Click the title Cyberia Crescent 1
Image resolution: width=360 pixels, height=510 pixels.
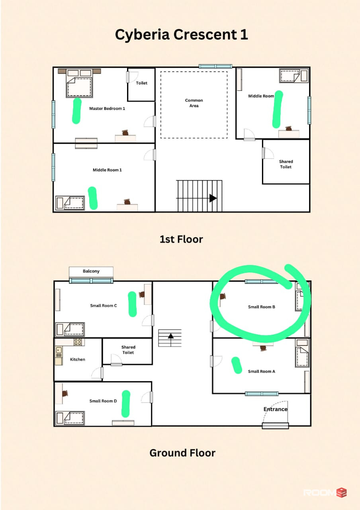point(181,35)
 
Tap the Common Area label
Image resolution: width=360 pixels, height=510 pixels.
point(194,103)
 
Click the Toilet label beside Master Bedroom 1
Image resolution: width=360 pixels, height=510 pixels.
point(141,83)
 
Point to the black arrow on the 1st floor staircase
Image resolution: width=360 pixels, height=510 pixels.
point(213,198)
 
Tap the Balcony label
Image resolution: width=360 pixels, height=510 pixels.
point(91,271)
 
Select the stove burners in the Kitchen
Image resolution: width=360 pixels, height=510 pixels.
point(78,342)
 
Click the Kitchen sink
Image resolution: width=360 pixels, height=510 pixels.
point(59,350)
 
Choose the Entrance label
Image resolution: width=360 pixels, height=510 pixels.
point(275,409)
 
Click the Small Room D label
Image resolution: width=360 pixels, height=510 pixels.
point(103,401)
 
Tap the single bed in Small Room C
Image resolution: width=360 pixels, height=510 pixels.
point(70,329)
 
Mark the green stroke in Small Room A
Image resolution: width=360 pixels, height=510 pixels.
point(237,365)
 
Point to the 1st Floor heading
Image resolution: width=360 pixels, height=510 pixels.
point(181,239)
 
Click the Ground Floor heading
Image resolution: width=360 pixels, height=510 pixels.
point(182,453)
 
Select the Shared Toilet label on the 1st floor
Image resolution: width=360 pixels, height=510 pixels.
point(286,164)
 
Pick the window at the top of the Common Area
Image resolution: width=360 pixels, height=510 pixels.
point(215,66)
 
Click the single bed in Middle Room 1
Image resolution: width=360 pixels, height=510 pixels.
point(70,203)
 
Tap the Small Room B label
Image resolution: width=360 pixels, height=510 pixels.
point(262,307)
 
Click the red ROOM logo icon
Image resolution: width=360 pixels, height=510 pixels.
point(342,493)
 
